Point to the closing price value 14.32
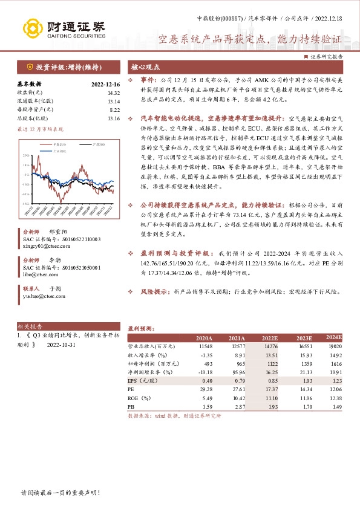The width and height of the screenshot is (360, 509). click(x=113, y=92)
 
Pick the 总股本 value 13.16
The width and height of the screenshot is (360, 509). click(x=113, y=118)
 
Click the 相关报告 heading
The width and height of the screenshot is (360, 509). click(x=27, y=325)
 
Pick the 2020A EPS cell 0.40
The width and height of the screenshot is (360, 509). click(x=206, y=382)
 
